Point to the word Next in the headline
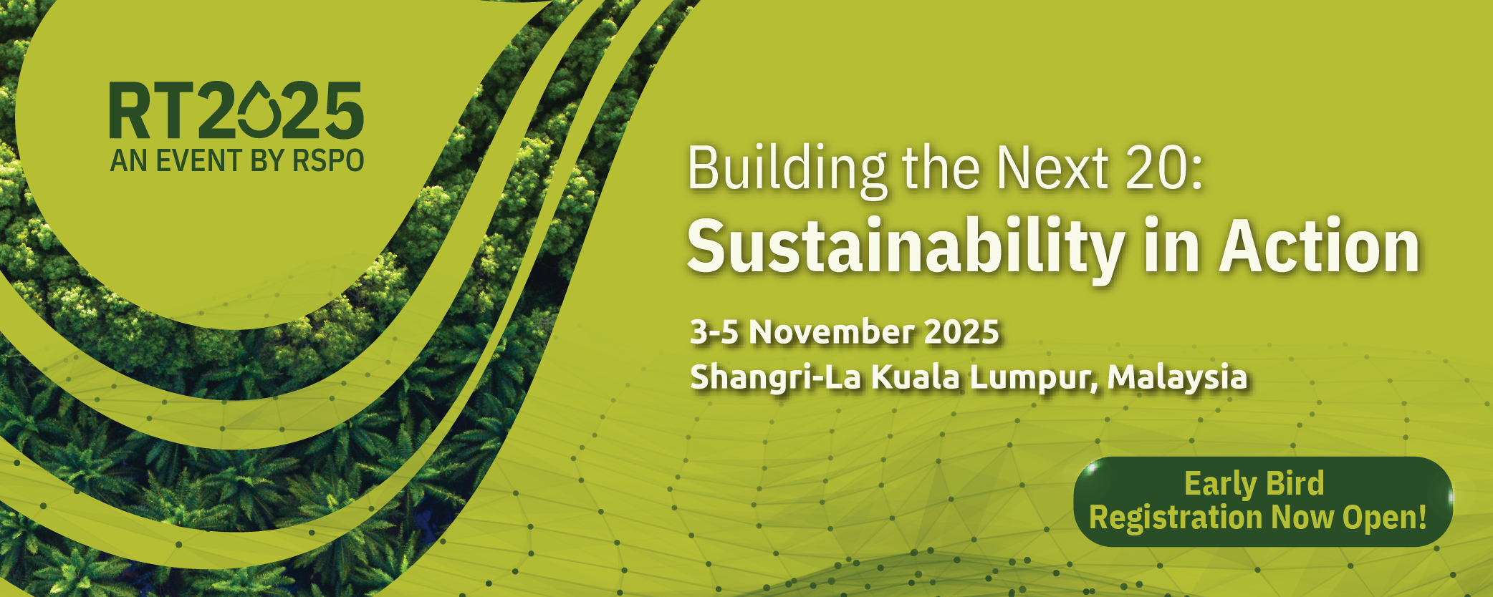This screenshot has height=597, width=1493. pos(1053,169)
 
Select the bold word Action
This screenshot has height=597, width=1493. pos(1320,246)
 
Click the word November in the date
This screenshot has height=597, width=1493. pos(831,332)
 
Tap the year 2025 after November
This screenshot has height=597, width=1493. pos(961,332)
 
